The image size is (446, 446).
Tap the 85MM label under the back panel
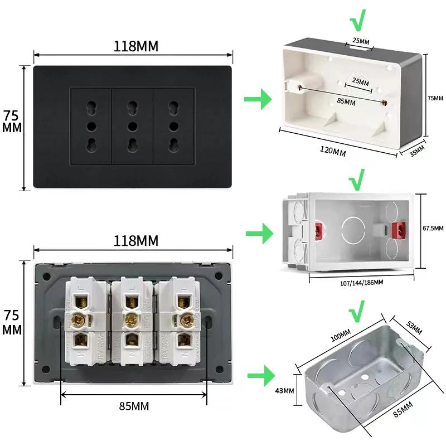[x=134, y=406]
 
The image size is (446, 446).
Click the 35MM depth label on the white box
[x=417, y=151]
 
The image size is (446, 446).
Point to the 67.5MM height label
[x=433, y=229]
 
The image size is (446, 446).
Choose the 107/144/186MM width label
[x=361, y=283]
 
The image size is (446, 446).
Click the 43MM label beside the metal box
[x=284, y=390]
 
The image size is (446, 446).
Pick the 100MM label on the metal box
[x=339, y=336]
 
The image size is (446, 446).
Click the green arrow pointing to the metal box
[x=259, y=375]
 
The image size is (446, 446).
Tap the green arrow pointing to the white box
[x=258, y=100]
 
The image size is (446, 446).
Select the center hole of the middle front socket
[x=132, y=125]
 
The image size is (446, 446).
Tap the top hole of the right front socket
[x=173, y=105]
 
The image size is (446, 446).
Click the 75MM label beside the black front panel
[x=12, y=121]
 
